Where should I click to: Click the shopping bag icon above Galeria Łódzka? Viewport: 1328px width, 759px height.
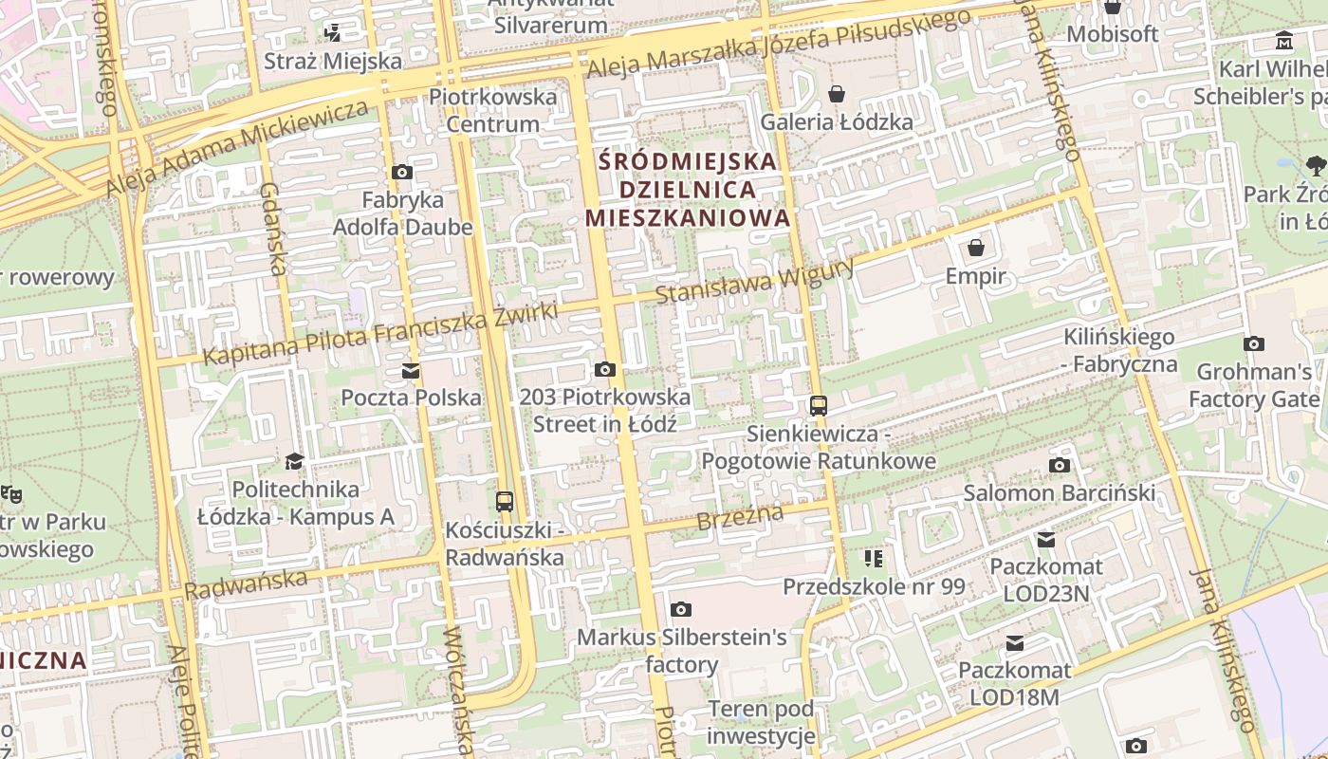(x=837, y=94)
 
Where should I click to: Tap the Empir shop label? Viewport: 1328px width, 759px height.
(x=975, y=276)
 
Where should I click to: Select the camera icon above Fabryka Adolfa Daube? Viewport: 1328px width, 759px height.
(x=402, y=173)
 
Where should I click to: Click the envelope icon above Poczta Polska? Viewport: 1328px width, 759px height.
(x=411, y=370)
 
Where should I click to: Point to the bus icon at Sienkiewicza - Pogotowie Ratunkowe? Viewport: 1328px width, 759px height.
(x=818, y=406)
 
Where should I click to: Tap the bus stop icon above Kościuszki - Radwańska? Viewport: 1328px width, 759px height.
(x=505, y=501)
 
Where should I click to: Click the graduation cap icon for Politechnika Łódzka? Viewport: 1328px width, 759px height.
(x=295, y=462)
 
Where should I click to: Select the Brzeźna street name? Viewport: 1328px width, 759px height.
(x=741, y=518)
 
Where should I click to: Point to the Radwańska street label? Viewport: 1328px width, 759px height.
(x=246, y=583)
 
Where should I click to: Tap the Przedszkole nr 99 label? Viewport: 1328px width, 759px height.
(x=874, y=586)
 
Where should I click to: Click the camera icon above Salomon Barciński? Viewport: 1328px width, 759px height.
(x=1060, y=465)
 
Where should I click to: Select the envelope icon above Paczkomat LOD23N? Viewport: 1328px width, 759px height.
(x=1046, y=539)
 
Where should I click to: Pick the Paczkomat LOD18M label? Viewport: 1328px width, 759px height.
(x=1014, y=683)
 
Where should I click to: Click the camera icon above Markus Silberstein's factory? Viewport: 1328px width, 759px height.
(x=680, y=609)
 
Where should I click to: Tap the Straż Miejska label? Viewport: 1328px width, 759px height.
(x=333, y=62)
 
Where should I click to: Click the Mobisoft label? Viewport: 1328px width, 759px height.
(x=1113, y=34)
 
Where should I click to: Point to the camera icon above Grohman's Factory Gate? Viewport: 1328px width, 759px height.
(x=1254, y=343)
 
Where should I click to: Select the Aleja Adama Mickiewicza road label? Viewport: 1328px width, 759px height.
(x=237, y=147)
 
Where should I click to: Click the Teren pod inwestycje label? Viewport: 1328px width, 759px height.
(x=761, y=722)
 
